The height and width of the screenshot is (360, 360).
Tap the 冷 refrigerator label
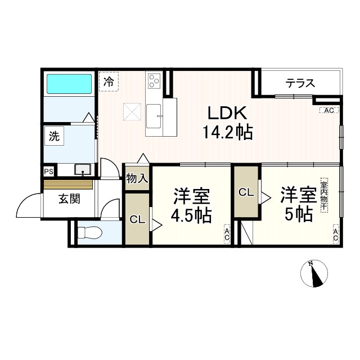point(109,81)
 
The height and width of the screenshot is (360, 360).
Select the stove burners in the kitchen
point(154,83)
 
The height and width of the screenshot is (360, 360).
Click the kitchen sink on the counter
point(154,117)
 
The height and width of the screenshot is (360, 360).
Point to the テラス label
point(299,84)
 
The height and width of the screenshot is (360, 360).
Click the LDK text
point(228,113)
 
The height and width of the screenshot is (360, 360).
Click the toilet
point(90,232)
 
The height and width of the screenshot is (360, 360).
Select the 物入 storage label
point(137,179)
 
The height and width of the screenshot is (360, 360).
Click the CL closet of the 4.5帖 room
point(137,219)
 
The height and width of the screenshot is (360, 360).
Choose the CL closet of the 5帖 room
point(246,193)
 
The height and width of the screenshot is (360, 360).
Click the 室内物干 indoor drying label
point(324,195)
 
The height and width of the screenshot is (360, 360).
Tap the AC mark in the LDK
point(329,111)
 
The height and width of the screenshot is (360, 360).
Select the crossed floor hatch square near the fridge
point(133,111)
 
